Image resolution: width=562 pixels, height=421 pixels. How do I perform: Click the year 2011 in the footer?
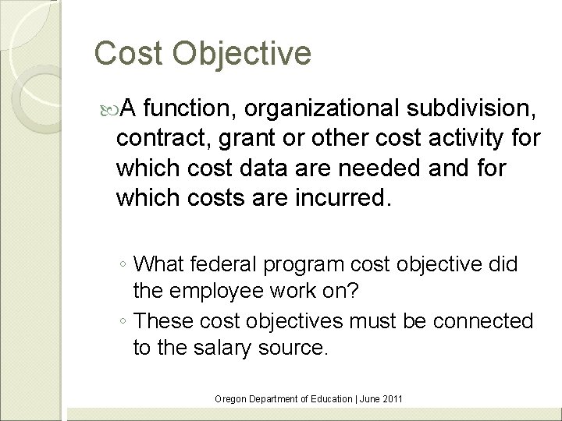coord(389,399)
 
